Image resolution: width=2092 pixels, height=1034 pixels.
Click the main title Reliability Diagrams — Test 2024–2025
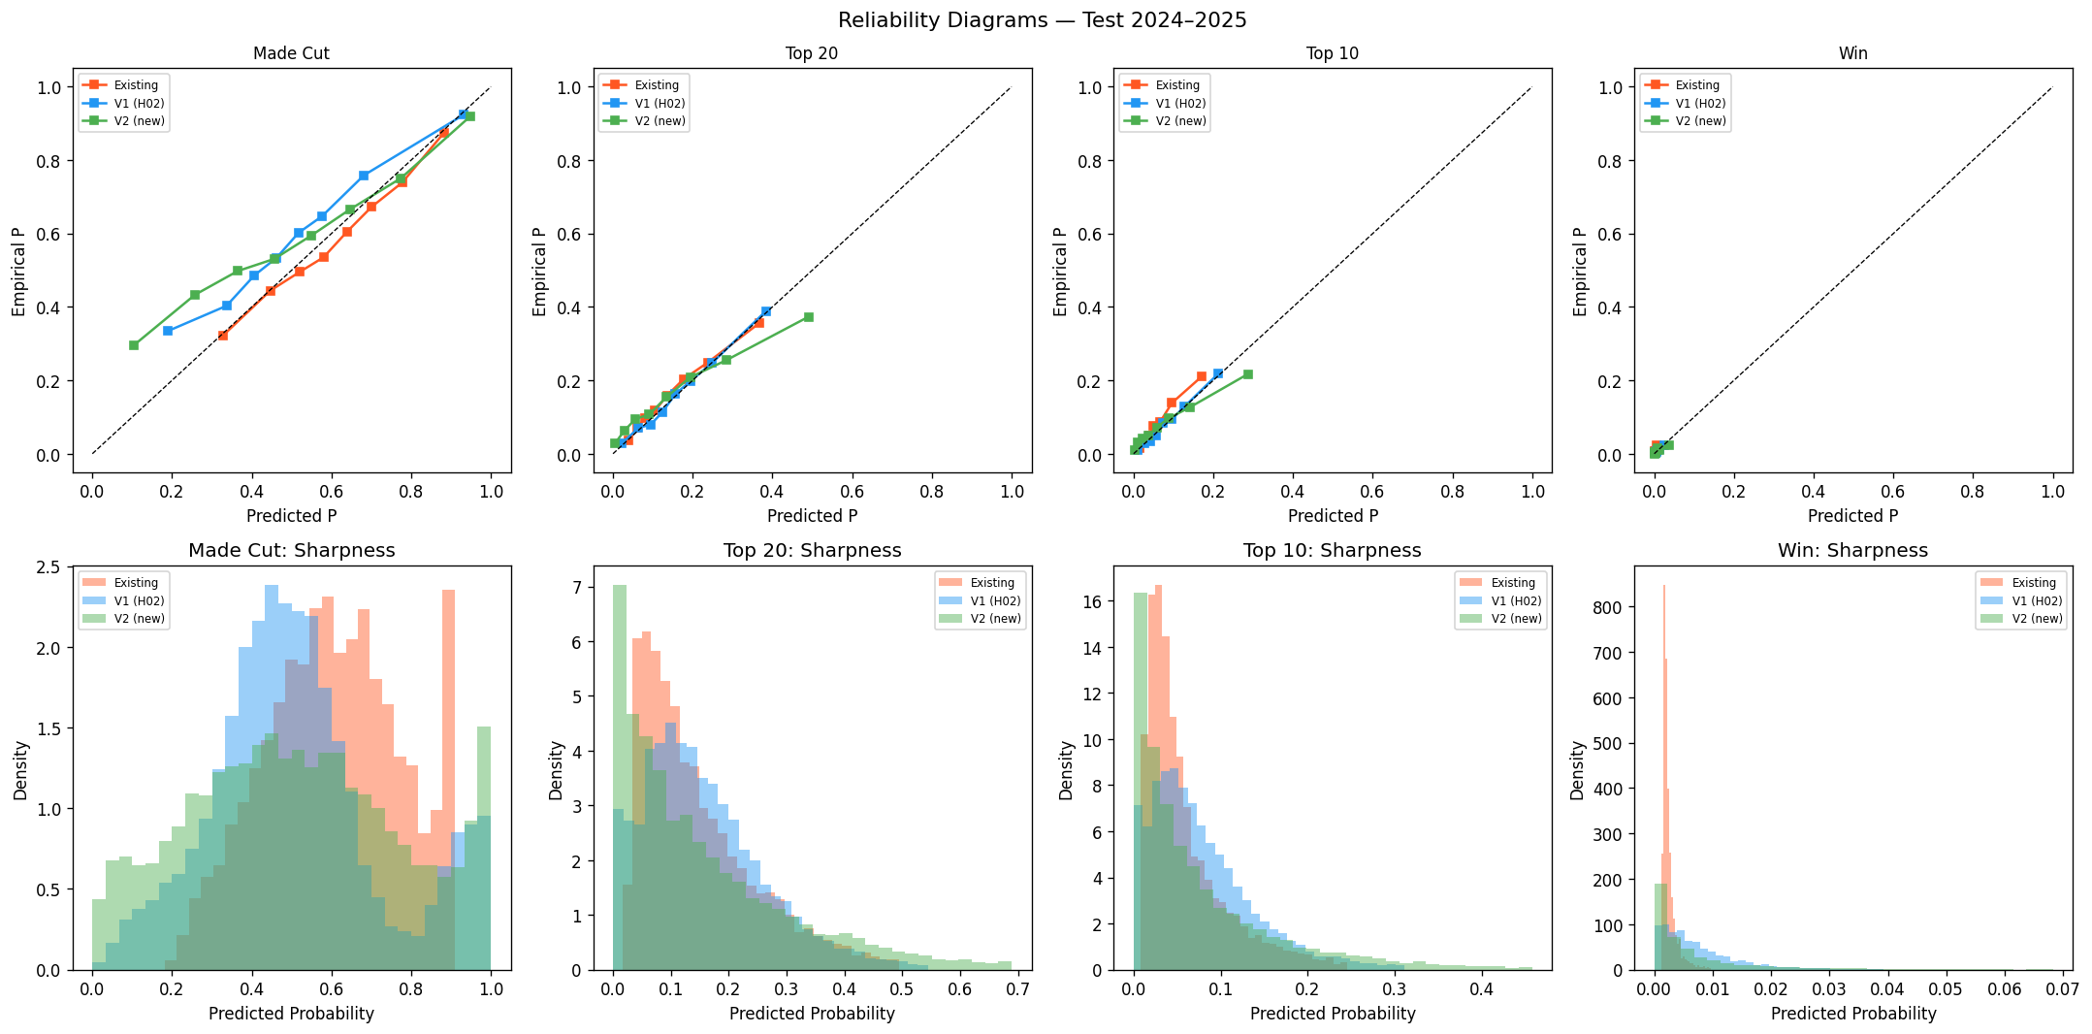pyautogui.click(x=1043, y=20)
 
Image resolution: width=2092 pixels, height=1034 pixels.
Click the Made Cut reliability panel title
pyautogui.click(x=291, y=54)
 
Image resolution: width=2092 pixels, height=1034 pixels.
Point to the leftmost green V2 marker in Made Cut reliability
pyautogui.click(x=134, y=345)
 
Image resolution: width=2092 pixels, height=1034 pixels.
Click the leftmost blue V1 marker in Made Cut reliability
pyautogui.click(x=168, y=331)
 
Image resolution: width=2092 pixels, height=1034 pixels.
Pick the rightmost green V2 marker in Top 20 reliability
pyautogui.click(x=808, y=317)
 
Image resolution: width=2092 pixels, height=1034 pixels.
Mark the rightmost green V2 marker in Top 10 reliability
pyautogui.click(x=1247, y=374)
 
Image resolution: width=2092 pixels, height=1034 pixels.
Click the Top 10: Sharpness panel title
pyautogui.click(x=1332, y=551)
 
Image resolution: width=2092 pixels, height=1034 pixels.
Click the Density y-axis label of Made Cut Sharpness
pyautogui.click(x=20, y=770)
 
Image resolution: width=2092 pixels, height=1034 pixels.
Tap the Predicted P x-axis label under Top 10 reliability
pyautogui.click(x=1332, y=516)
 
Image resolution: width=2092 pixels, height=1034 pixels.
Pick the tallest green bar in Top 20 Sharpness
pyautogui.click(x=620, y=776)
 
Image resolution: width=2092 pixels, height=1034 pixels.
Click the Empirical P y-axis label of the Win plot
pyautogui.click(x=1580, y=272)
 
